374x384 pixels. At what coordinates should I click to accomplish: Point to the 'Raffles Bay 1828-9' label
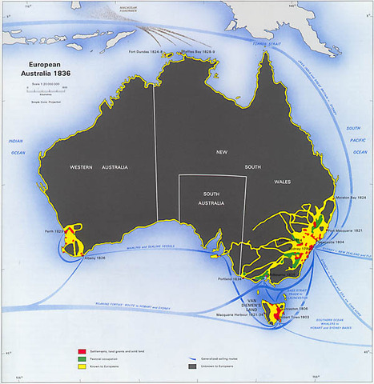(195, 52)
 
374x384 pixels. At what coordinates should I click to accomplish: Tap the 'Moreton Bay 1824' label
(349, 196)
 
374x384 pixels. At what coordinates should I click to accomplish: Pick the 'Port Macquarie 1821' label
(347, 230)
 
